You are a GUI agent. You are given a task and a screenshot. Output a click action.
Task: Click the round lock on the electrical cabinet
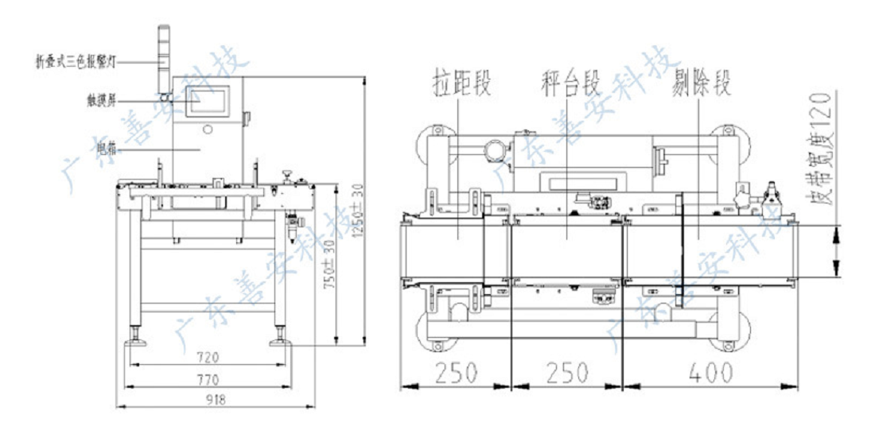pyautogui.click(x=208, y=129)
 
